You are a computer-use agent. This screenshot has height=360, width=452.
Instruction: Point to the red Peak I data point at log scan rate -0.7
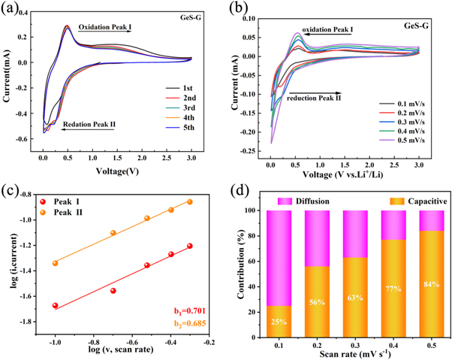113,290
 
